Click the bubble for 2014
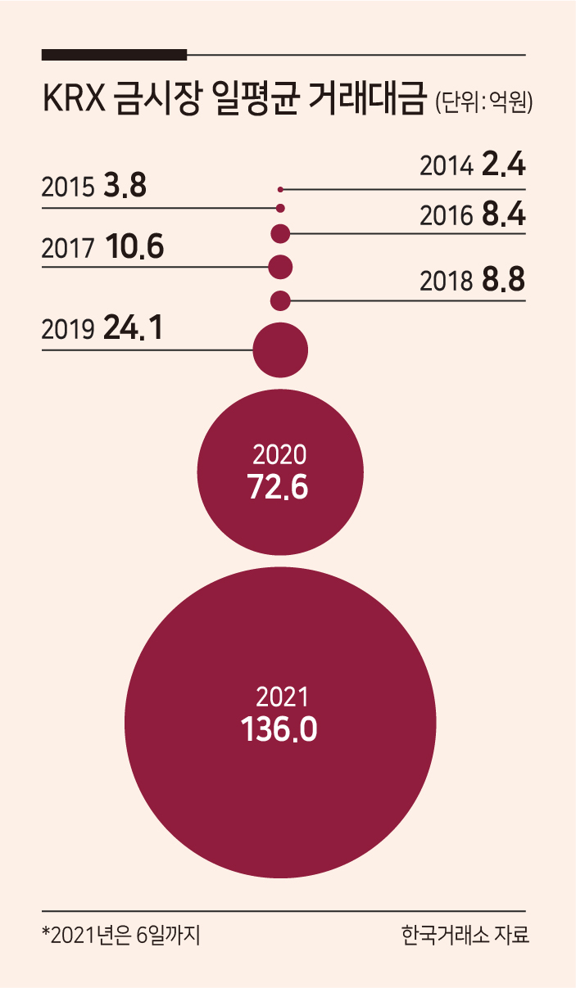[x=280, y=190]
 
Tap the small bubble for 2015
[x=280, y=208]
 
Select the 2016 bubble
[x=280, y=233]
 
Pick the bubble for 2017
[x=280, y=267]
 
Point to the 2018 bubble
[x=280, y=301]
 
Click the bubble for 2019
[x=280, y=350]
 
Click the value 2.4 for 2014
[x=504, y=165]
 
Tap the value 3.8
[x=125, y=185]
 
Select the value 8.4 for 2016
[x=504, y=214]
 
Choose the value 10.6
[x=135, y=246]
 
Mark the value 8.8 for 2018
[x=504, y=280]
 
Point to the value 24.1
[x=133, y=327]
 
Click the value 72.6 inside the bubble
[x=278, y=487]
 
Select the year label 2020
[x=279, y=455]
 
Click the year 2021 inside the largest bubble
[x=282, y=697]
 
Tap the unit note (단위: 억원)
[x=484, y=102]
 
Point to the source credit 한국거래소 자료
[x=465, y=934]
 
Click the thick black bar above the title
[x=115, y=55]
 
